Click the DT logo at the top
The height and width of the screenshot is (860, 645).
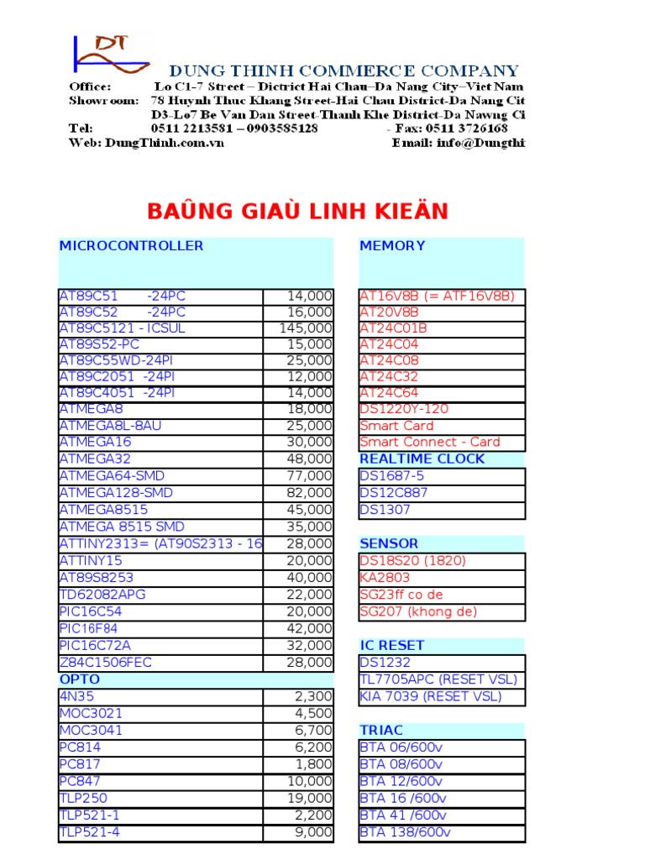(x=110, y=56)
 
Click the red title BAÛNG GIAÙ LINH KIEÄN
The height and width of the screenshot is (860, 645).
(x=297, y=211)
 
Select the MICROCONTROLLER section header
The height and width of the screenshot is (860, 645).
(x=131, y=246)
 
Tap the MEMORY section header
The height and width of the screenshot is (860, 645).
(x=392, y=246)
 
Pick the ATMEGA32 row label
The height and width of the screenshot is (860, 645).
(x=95, y=459)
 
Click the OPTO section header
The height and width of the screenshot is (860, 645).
(x=80, y=679)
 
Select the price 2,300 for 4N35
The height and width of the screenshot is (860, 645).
(x=314, y=696)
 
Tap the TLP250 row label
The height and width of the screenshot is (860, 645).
(x=83, y=798)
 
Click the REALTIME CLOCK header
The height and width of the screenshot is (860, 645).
(x=422, y=459)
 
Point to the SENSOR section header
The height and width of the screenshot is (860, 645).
(x=389, y=544)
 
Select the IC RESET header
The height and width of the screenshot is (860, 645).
(x=391, y=646)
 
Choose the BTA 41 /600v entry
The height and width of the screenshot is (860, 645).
(x=403, y=815)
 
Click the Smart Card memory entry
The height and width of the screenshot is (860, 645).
(x=396, y=426)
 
